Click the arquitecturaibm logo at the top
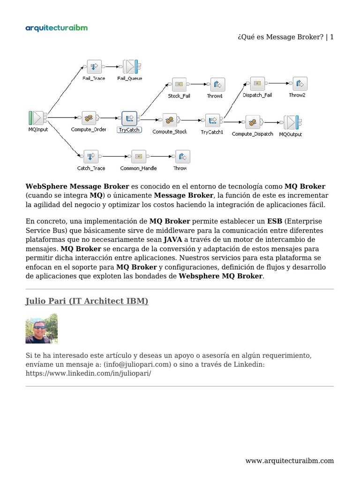(56, 28)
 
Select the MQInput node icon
(37, 118)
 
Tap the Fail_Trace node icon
(94, 67)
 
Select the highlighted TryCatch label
(129, 130)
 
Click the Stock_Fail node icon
(179, 84)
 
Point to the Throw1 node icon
(217, 84)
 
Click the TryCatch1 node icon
(212, 120)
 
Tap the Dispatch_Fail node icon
(257, 83)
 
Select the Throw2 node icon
(299, 83)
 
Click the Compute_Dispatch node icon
(252, 122)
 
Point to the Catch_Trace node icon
(90, 156)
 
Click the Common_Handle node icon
(138, 156)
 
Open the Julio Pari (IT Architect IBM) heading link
(87, 301)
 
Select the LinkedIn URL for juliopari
(88, 374)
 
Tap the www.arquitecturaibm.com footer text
(290, 460)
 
